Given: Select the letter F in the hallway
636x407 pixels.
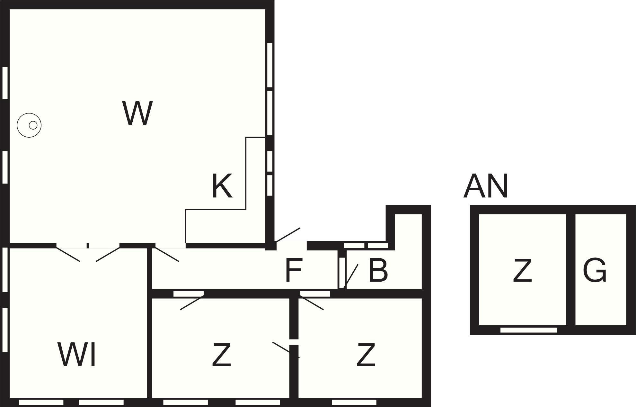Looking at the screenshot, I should [293, 270].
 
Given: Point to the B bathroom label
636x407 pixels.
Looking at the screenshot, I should [378, 270].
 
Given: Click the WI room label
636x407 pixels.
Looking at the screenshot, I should [77, 355].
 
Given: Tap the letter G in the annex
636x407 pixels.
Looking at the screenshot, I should [595, 270].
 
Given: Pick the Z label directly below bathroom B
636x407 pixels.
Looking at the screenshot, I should [366, 355].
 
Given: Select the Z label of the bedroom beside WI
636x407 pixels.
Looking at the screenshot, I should [222, 355].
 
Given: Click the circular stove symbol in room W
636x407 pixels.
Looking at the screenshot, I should [29, 125].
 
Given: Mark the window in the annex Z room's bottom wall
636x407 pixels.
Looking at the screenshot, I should [528, 330].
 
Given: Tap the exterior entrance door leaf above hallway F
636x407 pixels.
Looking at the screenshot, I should [287, 235].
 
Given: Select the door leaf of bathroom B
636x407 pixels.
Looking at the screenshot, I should [351, 276].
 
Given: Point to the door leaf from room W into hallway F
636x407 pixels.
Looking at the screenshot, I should [167, 254].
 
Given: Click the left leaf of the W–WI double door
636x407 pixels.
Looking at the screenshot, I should [68, 254].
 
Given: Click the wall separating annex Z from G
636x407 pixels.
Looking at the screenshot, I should [570, 269].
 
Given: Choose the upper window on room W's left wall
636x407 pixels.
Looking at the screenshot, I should [5, 83].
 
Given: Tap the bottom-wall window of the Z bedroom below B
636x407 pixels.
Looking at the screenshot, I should [354, 402].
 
